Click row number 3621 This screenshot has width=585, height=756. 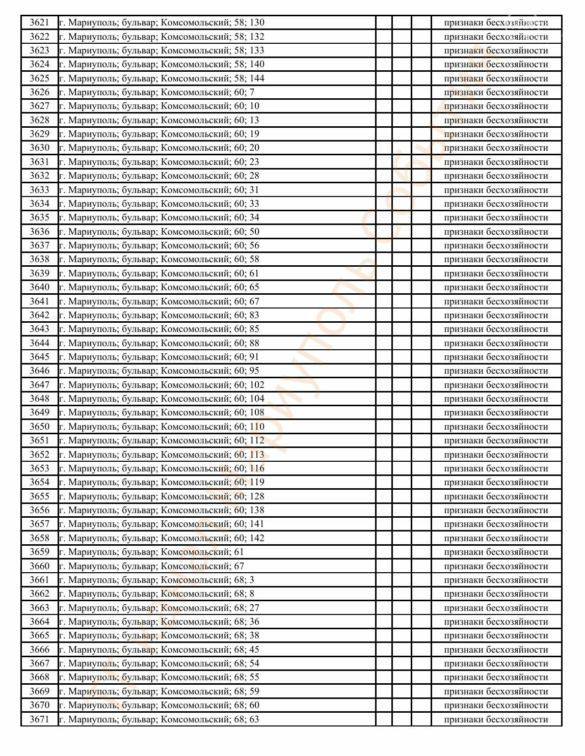click(39, 22)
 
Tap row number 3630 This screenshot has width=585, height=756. click(39, 148)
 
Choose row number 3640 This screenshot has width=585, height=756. click(39, 287)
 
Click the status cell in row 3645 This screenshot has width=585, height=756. click(496, 357)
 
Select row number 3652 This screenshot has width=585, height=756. click(39, 455)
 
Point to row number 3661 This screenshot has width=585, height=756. click(39, 580)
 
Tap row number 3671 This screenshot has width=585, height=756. click(39, 719)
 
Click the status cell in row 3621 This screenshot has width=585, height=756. click(496, 22)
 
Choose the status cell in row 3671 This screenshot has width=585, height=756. click(496, 719)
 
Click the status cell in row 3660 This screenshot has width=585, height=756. click(496, 566)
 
